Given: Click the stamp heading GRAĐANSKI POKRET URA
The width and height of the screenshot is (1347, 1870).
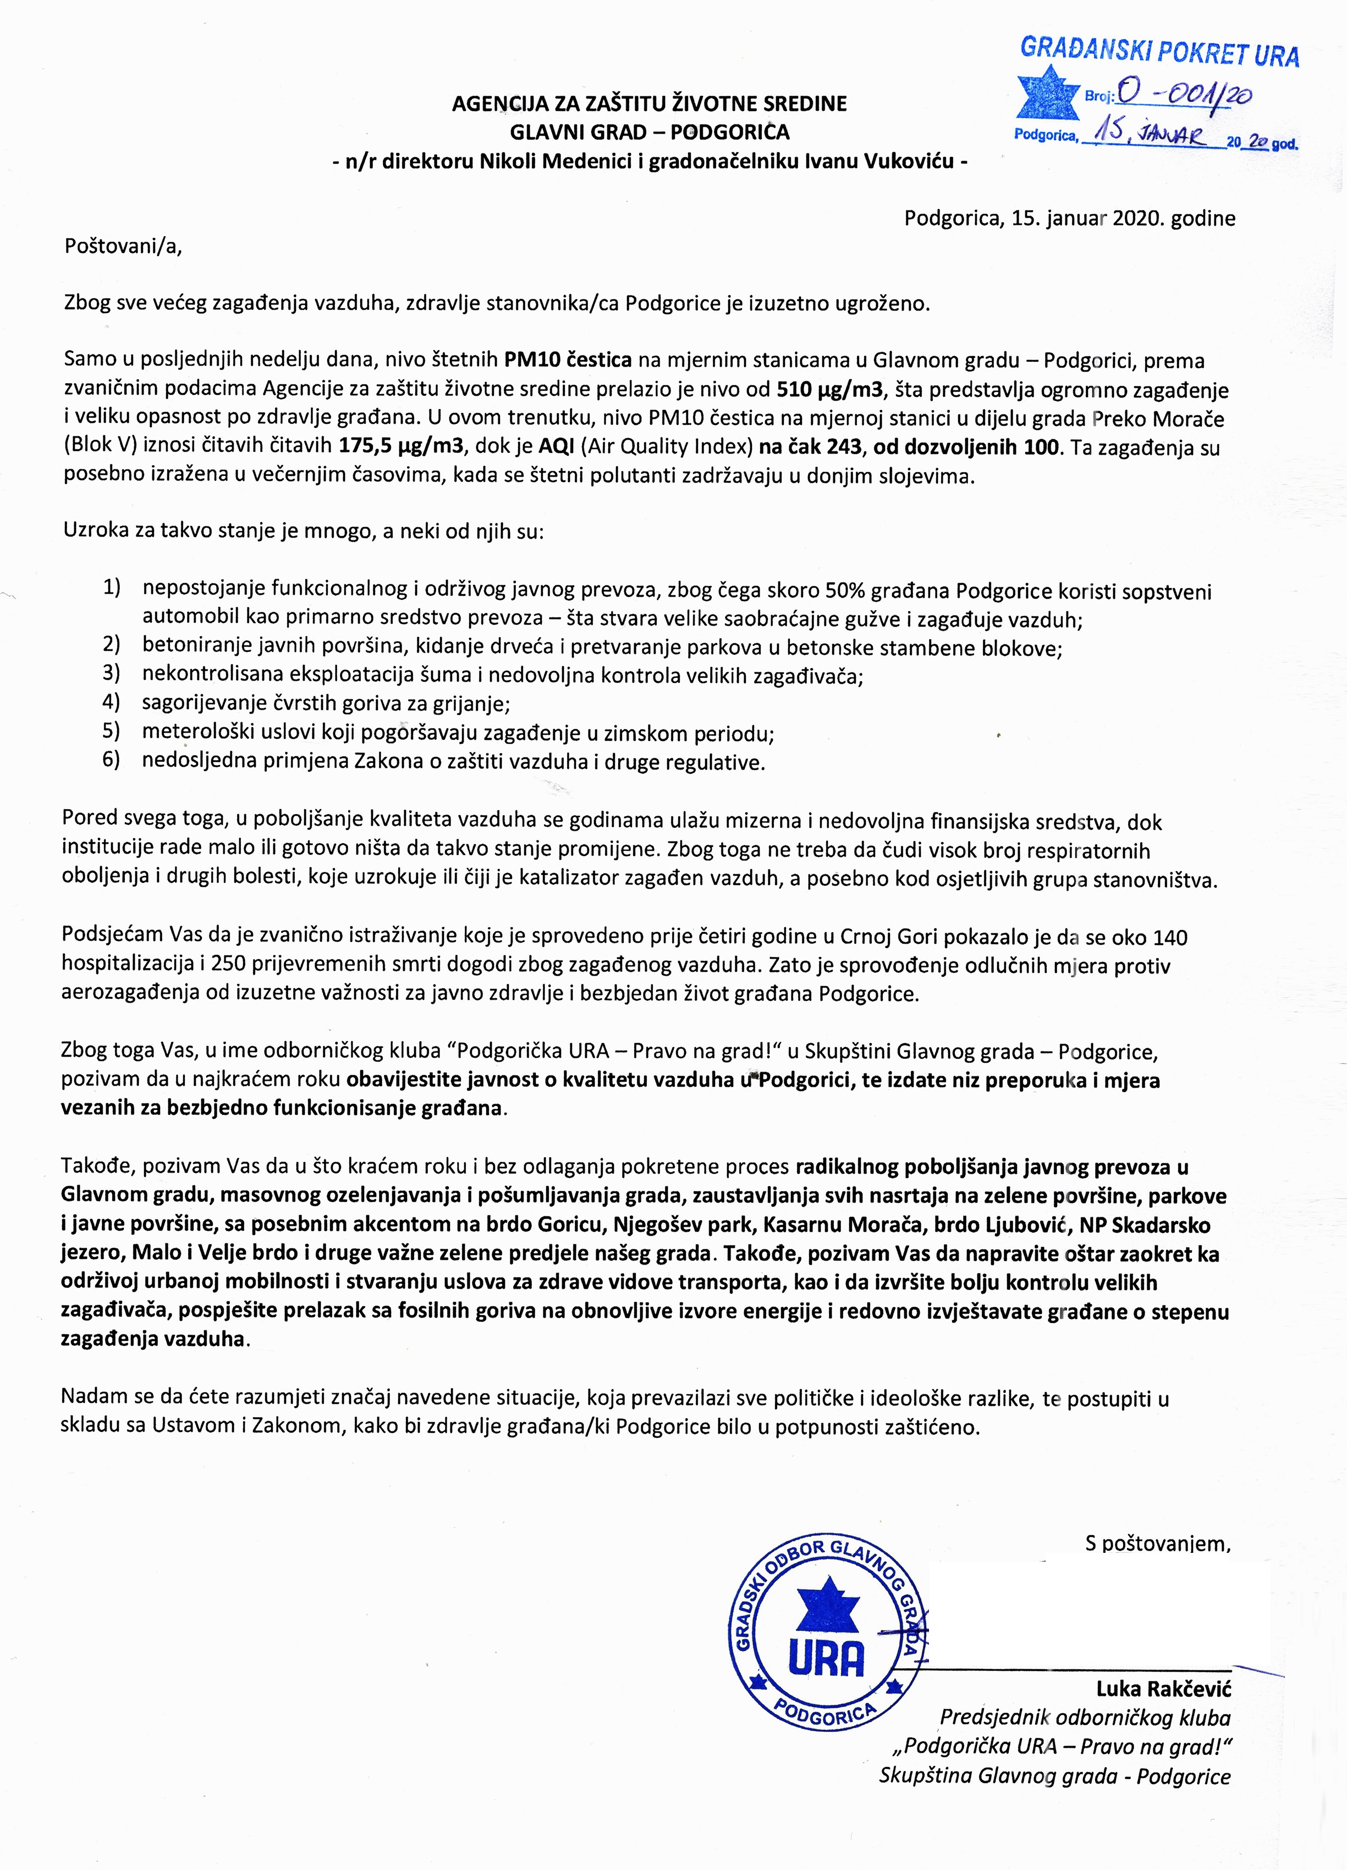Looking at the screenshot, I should [1159, 52].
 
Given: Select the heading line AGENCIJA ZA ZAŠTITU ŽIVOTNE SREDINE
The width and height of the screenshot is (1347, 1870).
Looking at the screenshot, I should [649, 104].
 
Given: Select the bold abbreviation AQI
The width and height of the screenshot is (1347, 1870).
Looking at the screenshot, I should [558, 447].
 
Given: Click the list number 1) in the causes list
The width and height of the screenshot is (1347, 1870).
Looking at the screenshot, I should [111, 588].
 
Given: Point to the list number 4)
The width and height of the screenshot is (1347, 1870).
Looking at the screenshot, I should [111, 702].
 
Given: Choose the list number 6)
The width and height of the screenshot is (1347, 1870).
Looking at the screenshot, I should [111, 760].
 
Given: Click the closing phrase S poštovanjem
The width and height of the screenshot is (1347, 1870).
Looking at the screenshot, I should [1157, 1542].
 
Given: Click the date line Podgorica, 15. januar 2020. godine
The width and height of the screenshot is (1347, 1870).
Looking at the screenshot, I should [1069, 219].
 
